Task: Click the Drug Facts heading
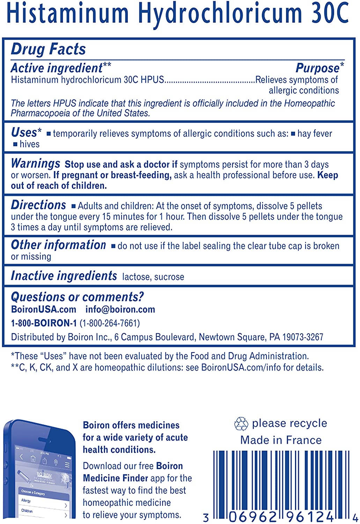[48, 49]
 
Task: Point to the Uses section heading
[24, 132]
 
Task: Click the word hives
[29, 144]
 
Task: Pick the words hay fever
[315, 133]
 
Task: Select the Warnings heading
[35, 163]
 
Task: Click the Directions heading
[38, 205]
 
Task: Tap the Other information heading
[58, 245]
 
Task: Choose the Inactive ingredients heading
[64, 276]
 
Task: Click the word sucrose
[169, 277]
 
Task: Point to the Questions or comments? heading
[77, 297]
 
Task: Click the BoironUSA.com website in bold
[44, 310]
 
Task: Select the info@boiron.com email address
[120, 310]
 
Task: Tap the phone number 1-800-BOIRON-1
[44, 323]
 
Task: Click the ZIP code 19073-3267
[303, 337]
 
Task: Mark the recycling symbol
[241, 424]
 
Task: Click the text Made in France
[281, 440]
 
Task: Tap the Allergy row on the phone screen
[27, 501]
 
